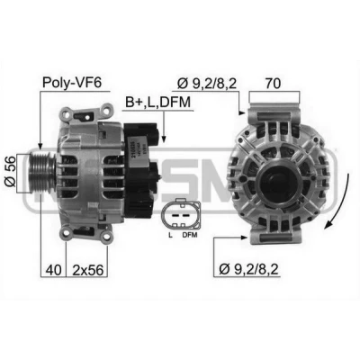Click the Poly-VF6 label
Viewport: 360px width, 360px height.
(72, 83)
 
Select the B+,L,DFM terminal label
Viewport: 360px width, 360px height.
(157, 103)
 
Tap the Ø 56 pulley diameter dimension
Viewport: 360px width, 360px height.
(10, 173)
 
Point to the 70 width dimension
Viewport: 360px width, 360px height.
(273, 83)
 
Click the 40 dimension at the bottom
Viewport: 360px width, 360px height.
(53, 270)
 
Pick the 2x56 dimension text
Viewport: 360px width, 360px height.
(88, 270)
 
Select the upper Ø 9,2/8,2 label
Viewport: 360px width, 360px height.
(207, 84)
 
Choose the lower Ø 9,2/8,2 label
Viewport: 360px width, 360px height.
(248, 269)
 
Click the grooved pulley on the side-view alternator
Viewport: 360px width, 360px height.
(41, 173)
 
